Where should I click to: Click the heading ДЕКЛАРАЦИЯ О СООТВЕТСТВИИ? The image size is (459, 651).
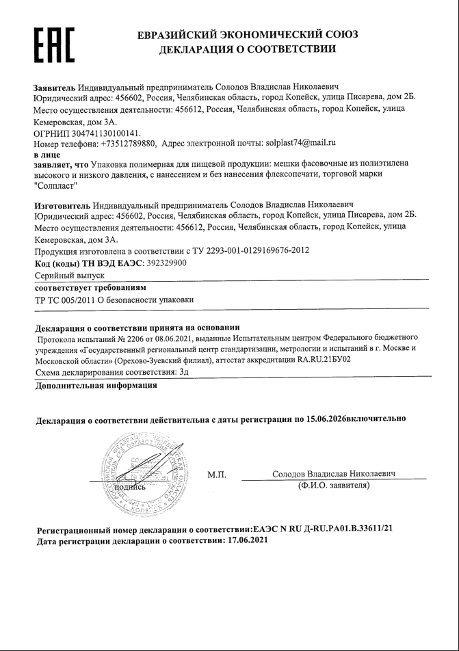coord(247,49)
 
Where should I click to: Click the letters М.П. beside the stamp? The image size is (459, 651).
coord(217,475)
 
